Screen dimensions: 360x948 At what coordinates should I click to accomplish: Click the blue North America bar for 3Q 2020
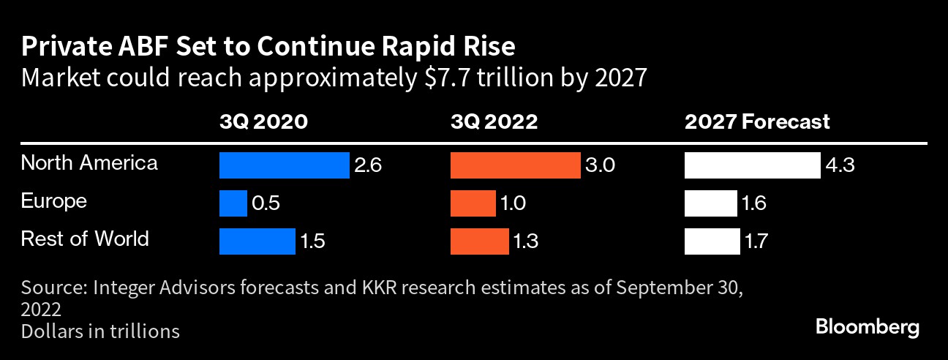coord(284,165)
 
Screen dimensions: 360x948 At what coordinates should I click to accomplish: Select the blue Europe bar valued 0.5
coord(233,203)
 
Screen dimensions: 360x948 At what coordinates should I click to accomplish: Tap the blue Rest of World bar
coord(257,241)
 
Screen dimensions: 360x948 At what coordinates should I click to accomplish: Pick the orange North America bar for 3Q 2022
coord(515,165)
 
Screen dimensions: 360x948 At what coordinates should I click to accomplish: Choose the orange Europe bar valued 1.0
coord(473,203)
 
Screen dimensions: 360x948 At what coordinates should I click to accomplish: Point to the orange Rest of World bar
coord(479,241)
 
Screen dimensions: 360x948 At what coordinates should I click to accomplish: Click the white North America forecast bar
coord(752,165)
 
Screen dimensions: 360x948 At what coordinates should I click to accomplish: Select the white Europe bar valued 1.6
coord(710,203)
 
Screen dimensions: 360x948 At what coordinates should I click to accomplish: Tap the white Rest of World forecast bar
coord(712,241)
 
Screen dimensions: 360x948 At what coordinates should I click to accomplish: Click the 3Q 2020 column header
coord(263,121)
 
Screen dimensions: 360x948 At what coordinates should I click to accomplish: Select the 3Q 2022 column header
coord(494,121)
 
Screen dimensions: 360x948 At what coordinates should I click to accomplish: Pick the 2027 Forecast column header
coord(757,121)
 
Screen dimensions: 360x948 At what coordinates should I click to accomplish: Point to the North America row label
coord(89,162)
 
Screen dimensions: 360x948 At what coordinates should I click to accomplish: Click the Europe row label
coord(54,201)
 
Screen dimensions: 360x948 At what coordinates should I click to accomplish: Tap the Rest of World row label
coord(85,239)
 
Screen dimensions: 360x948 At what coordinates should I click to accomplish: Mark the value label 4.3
coord(840,166)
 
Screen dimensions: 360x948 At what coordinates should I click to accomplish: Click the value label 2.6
coord(368,166)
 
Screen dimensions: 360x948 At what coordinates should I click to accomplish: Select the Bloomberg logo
coord(867,326)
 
